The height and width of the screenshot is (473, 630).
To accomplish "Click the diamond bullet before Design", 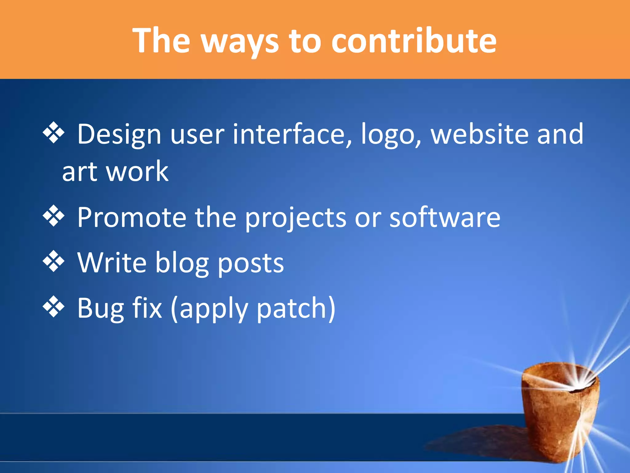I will (54, 133).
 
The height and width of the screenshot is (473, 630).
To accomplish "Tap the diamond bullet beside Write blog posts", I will (54, 261).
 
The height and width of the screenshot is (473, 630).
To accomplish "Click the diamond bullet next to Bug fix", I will (54, 307).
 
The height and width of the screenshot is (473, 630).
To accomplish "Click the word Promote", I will (132, 217).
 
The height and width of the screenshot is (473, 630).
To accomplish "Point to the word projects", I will (295, 219).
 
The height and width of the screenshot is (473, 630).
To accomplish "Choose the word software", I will (445, 217).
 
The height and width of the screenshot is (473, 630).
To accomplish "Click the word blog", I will (181, 264).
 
